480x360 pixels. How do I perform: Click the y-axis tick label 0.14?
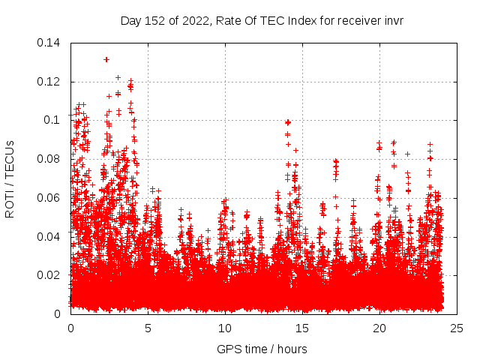[x=49, y=43]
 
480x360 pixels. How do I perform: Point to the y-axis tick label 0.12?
[x=49, y=82]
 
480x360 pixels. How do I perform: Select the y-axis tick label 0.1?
[x=52, y=120]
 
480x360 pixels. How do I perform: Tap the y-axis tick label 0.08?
[x=49, y=159]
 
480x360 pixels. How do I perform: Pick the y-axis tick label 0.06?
[x=49, y=198]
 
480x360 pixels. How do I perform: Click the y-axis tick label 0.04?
[x=49, y=237]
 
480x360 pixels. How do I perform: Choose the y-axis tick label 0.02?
[x=49, y=275]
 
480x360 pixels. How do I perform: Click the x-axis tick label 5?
[x=148, y=328]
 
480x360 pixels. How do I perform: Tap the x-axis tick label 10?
[x=225, y=328]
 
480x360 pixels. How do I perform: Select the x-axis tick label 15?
[x=302, y=328]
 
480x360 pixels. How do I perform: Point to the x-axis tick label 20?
[x=379, y=328]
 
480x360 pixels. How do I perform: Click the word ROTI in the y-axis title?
[x=10, y=203]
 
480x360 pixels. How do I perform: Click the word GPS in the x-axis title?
[x=227, y=349]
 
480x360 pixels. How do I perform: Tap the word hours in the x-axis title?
[x=291, y=349]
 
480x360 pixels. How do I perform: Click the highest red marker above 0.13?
[x=106, y=59]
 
